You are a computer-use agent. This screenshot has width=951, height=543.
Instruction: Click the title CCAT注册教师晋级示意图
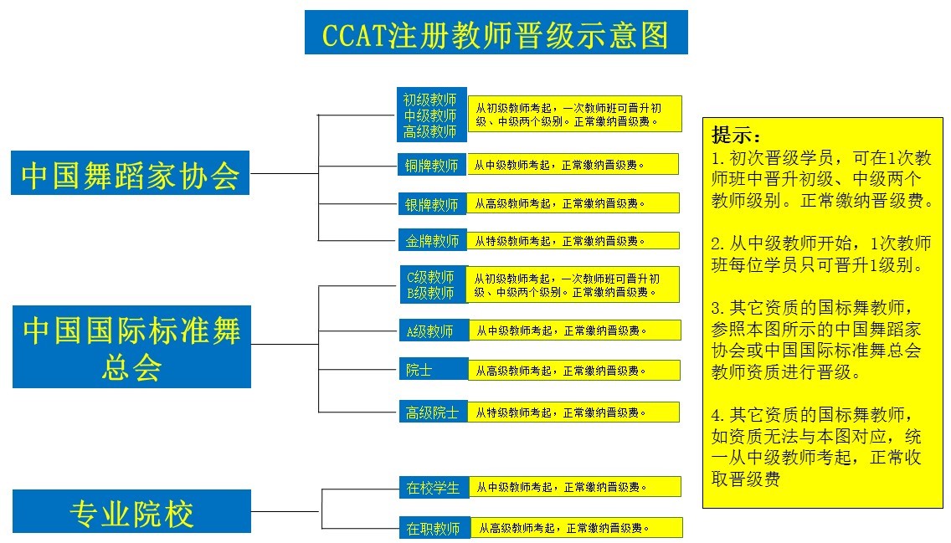tap(496, 32)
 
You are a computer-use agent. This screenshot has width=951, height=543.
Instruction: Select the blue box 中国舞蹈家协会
tap(131, 172)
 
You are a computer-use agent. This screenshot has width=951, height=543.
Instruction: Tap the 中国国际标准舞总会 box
tap(131, 346)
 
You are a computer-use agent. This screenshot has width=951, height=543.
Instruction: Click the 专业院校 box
tap(131, 511)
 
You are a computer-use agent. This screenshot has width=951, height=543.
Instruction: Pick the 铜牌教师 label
tap(432, 164)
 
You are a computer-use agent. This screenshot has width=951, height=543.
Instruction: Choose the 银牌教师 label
tap(432, 203)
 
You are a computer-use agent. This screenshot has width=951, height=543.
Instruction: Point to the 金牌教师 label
tap(432, 240)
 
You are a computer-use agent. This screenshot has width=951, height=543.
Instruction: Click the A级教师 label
tap(434, 330)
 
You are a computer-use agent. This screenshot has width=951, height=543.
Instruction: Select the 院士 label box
tap(433, 370)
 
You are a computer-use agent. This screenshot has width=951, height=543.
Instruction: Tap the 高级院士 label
tap(433, 412)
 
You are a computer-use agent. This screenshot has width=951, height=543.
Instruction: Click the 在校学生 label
tap(434, 487)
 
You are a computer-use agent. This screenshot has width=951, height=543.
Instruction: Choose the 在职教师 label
tap(434, 528)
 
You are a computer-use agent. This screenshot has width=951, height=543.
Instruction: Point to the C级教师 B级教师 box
tap(433, 284)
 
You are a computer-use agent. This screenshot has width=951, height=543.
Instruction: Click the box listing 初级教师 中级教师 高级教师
tap(431, 115)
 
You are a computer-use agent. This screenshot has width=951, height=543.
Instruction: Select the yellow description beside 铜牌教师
tap(573, 164)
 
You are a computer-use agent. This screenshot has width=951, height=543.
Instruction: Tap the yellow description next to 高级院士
tap(573, 412)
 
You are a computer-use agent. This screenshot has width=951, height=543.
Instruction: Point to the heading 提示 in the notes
tap(736, 135)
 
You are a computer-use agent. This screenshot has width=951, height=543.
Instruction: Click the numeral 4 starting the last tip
tap(717, 415)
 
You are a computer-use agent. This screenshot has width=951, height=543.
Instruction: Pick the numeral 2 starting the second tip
tap(717, 243)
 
